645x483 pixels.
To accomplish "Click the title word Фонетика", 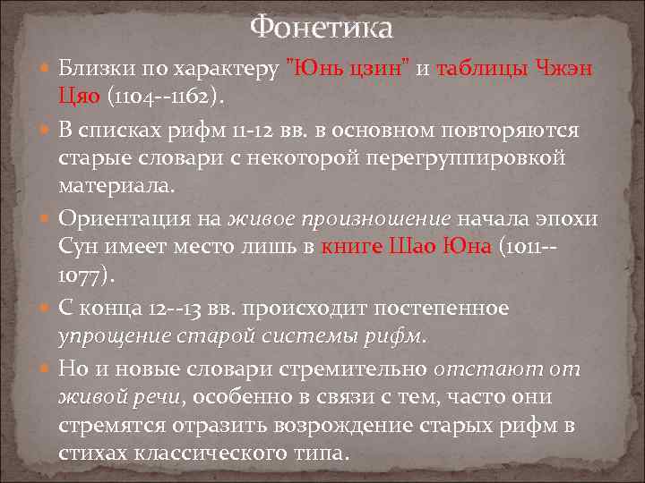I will [x=322, y=28].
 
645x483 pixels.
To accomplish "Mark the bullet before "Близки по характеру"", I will [x=46, y=69].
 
